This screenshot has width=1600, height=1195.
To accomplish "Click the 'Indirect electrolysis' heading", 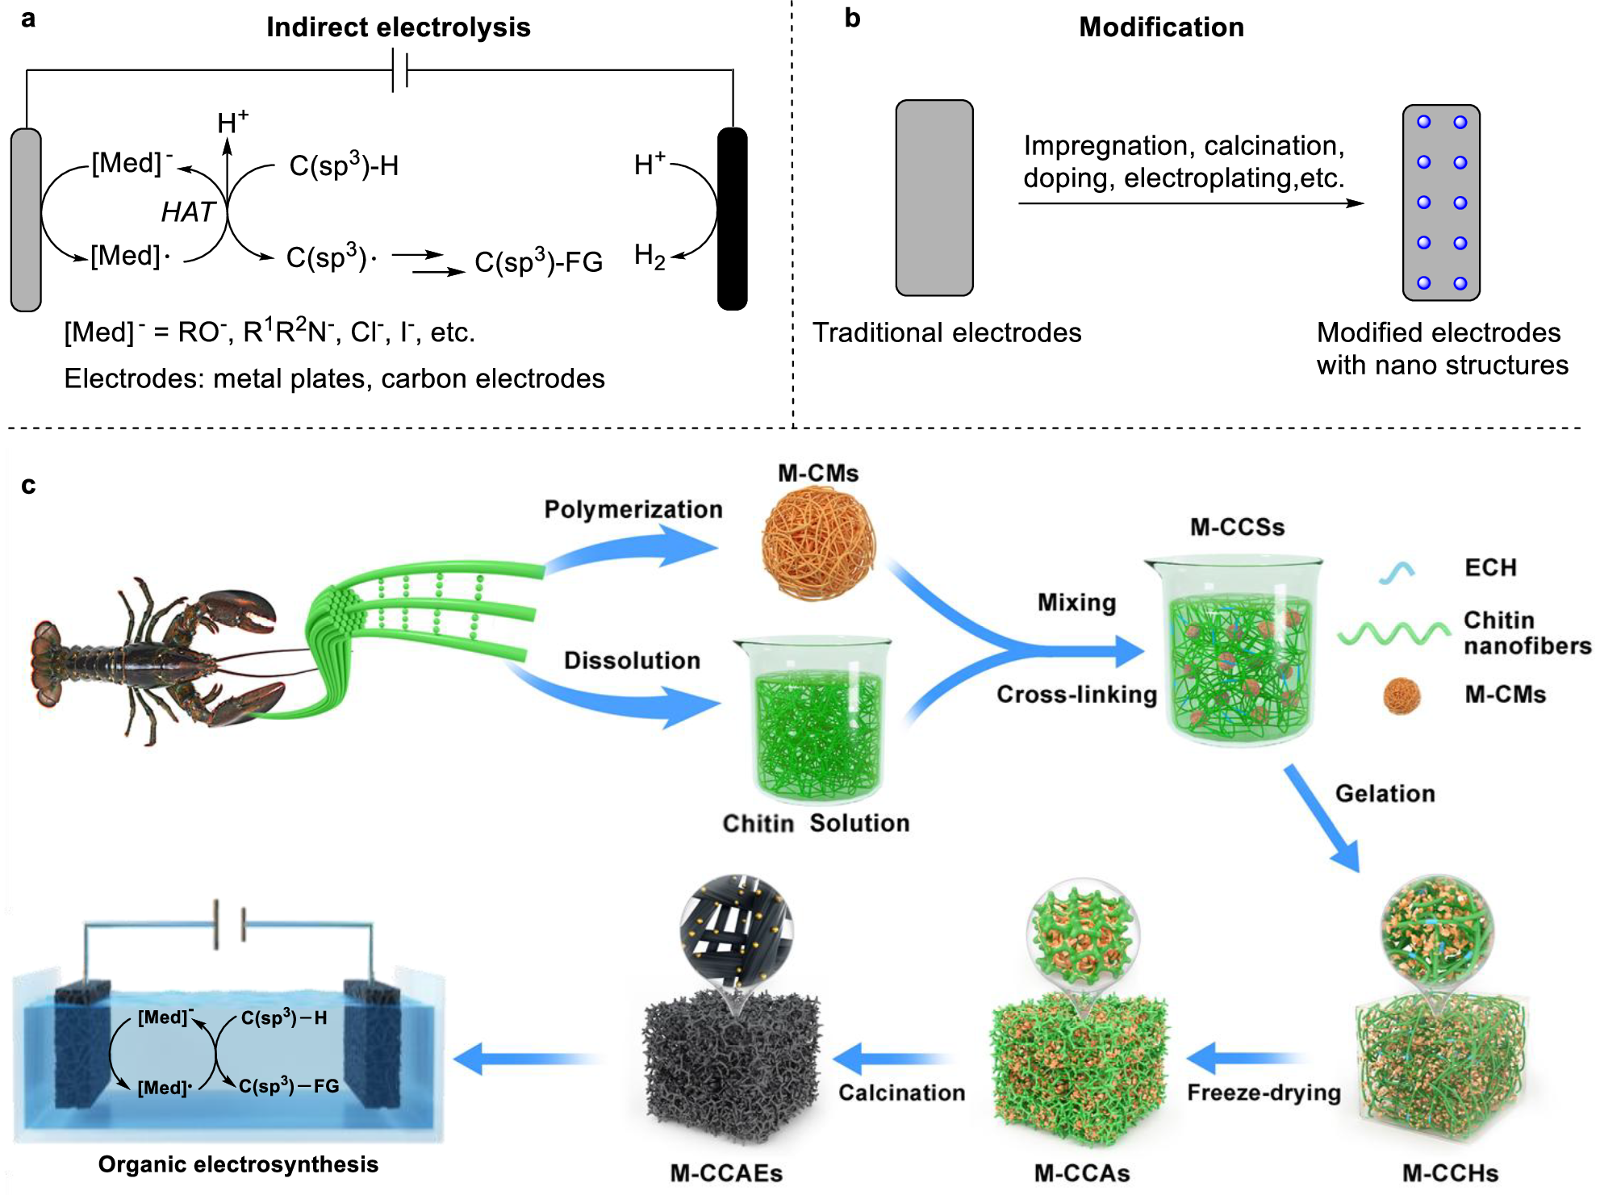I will pos(398,27).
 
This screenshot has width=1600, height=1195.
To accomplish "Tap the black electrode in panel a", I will pos(732,219).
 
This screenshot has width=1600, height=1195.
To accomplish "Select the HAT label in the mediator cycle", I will pos(187,212).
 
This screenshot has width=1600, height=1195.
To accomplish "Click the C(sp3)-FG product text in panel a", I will pos(538,262).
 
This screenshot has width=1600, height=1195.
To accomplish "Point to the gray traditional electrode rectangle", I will pos(934,198).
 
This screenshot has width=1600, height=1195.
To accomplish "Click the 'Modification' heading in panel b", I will pos(1161,27).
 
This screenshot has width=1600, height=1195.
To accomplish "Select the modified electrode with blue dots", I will pos(1441,203).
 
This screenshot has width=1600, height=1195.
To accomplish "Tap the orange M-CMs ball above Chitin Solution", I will pos(818,543).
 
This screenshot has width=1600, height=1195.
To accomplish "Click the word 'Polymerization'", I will pos(633,509).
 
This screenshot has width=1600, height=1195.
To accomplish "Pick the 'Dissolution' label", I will pos(632,660).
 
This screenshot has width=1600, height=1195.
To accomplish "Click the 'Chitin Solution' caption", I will pos(816,823).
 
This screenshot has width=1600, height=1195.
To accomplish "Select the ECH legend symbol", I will pos(1397,572).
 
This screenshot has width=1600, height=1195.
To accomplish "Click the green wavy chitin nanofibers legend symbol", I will pos(1393,633).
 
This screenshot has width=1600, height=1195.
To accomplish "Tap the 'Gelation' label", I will pos(1385,793).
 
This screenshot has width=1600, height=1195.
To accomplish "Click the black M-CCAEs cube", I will pos(730,1065).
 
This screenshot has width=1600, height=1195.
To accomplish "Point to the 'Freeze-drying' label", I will pos(1264,1093).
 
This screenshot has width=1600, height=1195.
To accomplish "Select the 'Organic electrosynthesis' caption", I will pos(238,1164).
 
